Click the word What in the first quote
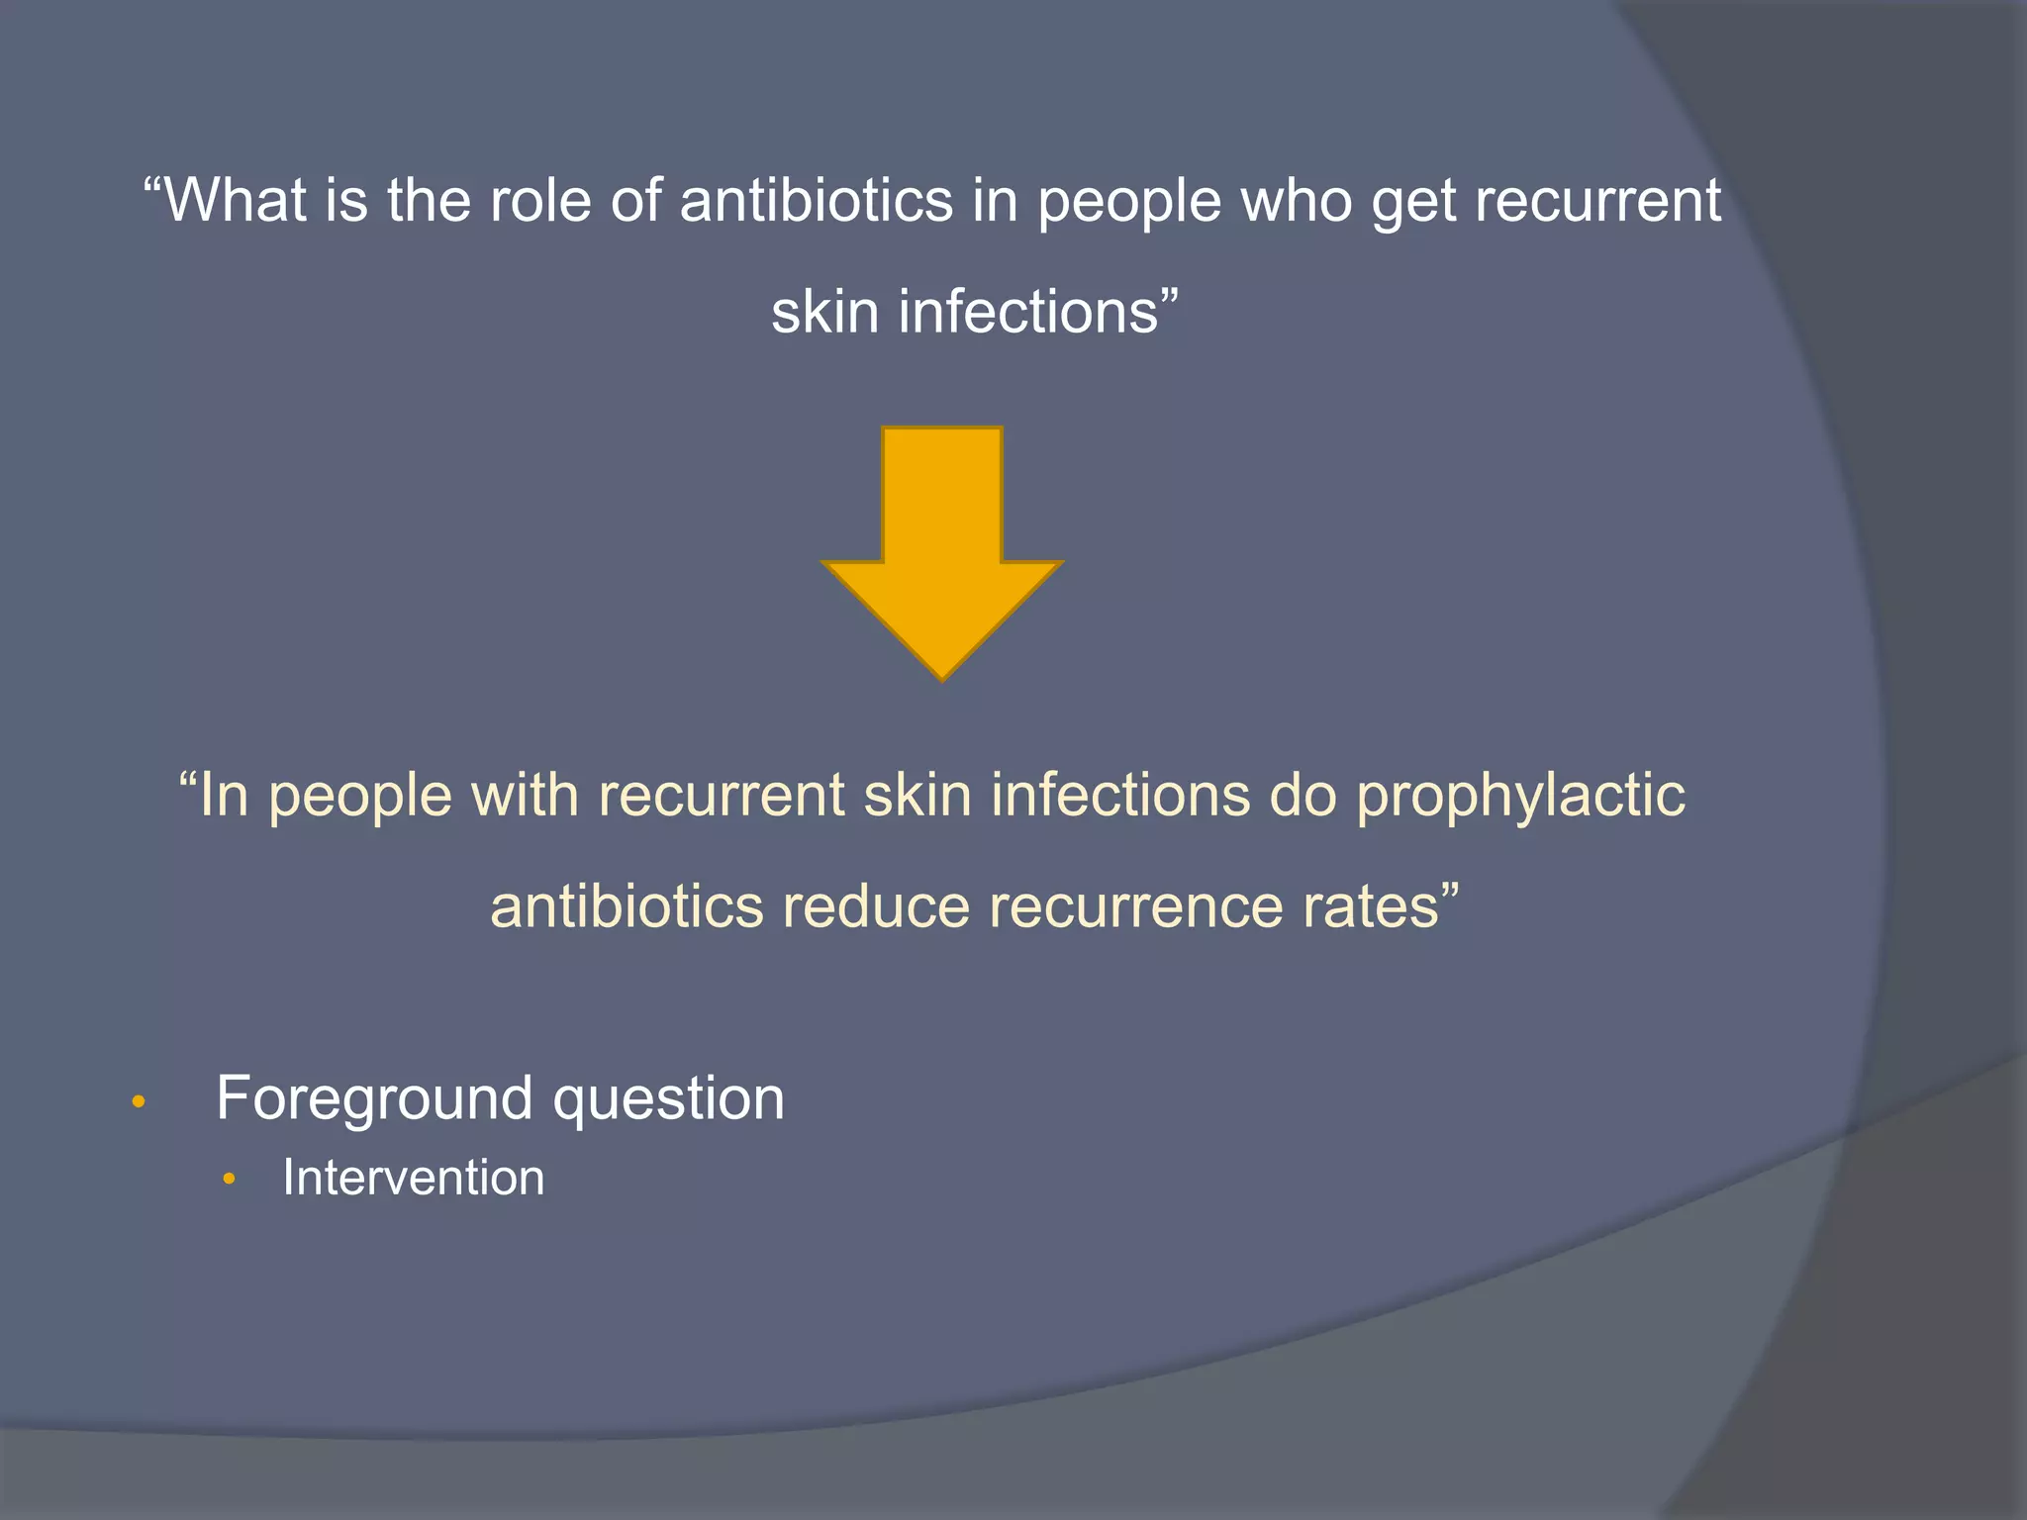234,201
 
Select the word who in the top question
1295,201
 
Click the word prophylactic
1520,797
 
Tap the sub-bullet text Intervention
414,1178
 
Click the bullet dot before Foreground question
139,1101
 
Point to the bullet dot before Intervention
230,1179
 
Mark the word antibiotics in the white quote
817,201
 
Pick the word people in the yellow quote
360,797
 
